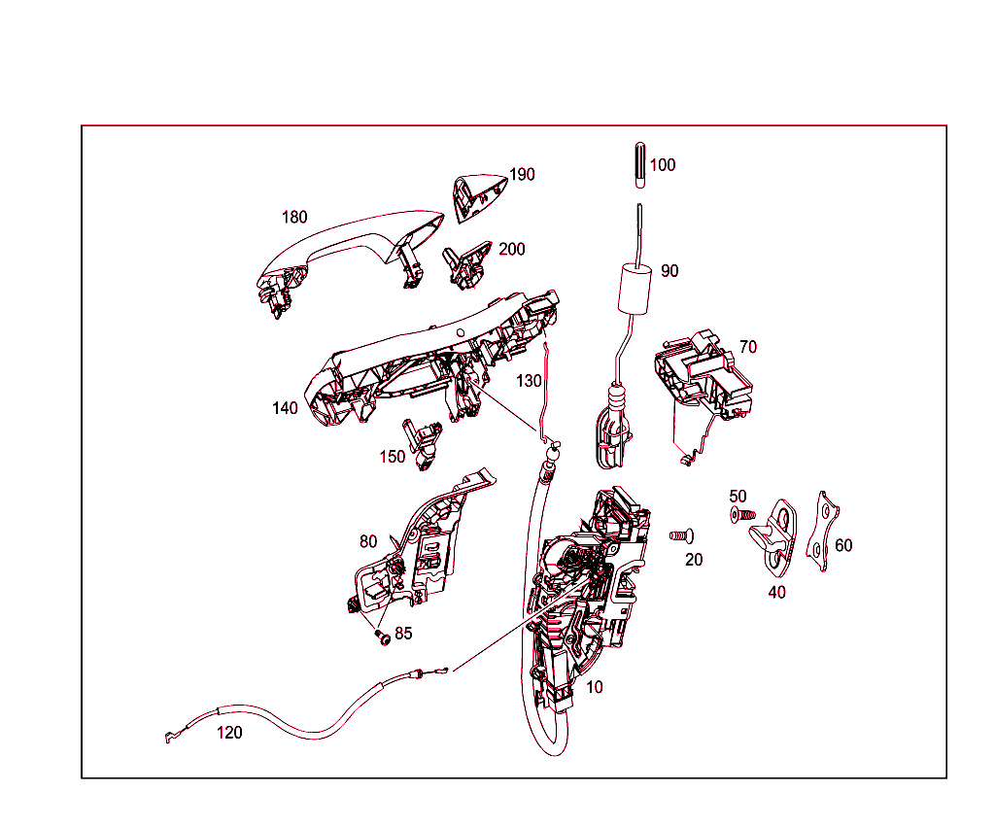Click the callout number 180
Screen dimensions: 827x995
[294, 217]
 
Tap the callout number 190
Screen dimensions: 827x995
[523, 175]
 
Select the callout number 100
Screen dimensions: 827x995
[662, 165]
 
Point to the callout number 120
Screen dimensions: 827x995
[229, 733]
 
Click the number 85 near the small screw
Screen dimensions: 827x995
[402, 633]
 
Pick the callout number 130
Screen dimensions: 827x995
[529, 381]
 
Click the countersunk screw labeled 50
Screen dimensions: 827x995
[740, 514]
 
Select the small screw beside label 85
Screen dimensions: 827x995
[382, 637]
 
